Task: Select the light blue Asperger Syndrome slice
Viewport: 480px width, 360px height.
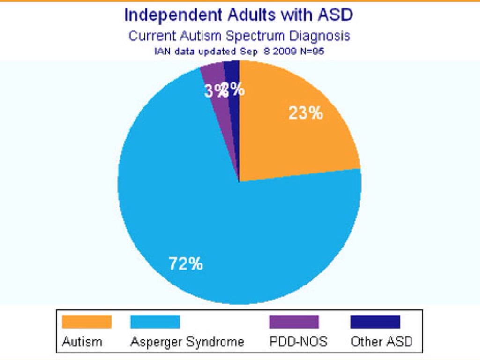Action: click(211, 211)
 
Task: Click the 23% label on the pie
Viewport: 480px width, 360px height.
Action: click(305, 113)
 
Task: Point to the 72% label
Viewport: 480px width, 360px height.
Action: click(186, 264)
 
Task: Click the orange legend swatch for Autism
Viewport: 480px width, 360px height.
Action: click(87, 322)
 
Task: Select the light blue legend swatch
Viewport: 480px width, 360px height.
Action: click(154, 322)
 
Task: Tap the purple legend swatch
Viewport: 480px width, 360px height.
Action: click(293, 322)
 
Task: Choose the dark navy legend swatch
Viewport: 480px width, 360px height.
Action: click(375, 322)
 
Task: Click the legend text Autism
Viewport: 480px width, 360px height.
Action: click(82, 341)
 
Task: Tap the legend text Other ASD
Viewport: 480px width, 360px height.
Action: click(382, 341)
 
